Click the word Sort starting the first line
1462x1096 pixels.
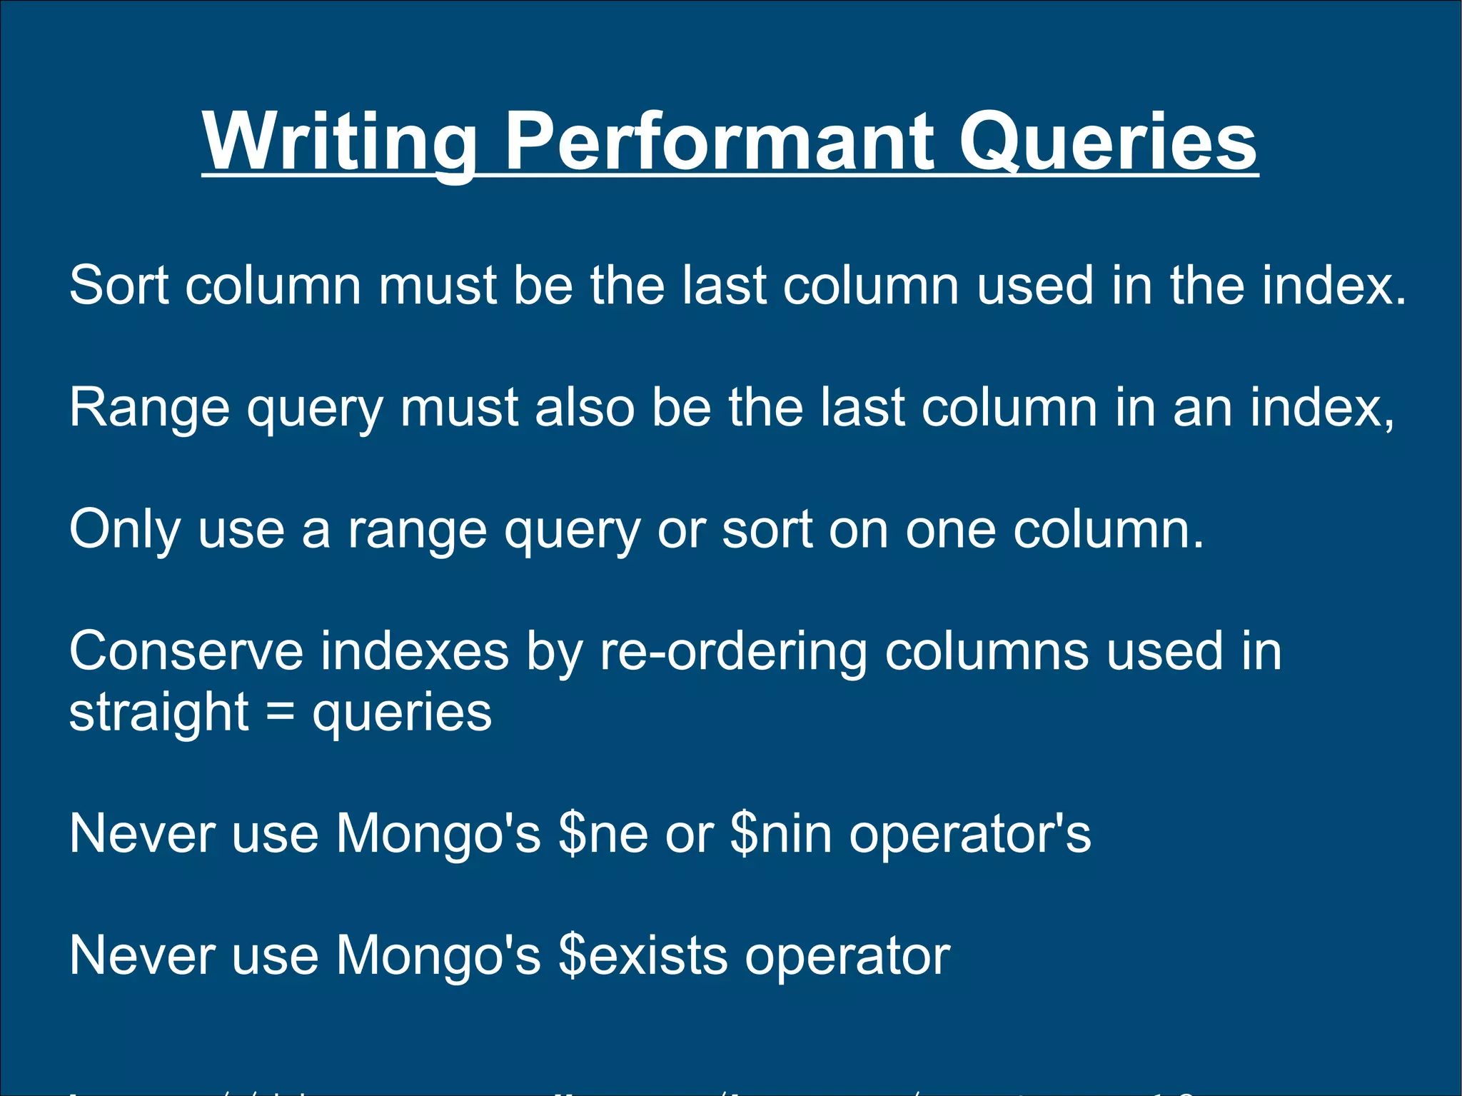pyautogui.click(x=119, y=286)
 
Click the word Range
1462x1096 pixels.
pyautogui.click(x=149, y=408)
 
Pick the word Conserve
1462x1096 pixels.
pyautogui.click(x=186, y=651)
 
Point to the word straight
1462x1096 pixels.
pyautogui.click(x=158, y=712)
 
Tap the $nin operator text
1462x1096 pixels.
pyautogui.click(x=782, y=834)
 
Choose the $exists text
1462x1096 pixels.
pyautogui.click(x=643, y=955)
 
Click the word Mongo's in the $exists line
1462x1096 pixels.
pyautogui.click(x=438, y=955)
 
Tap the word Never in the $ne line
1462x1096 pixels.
pyautogui.click(x=142, y=834)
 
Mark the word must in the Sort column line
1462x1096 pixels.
pyautogui.click(x=438, y=286)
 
